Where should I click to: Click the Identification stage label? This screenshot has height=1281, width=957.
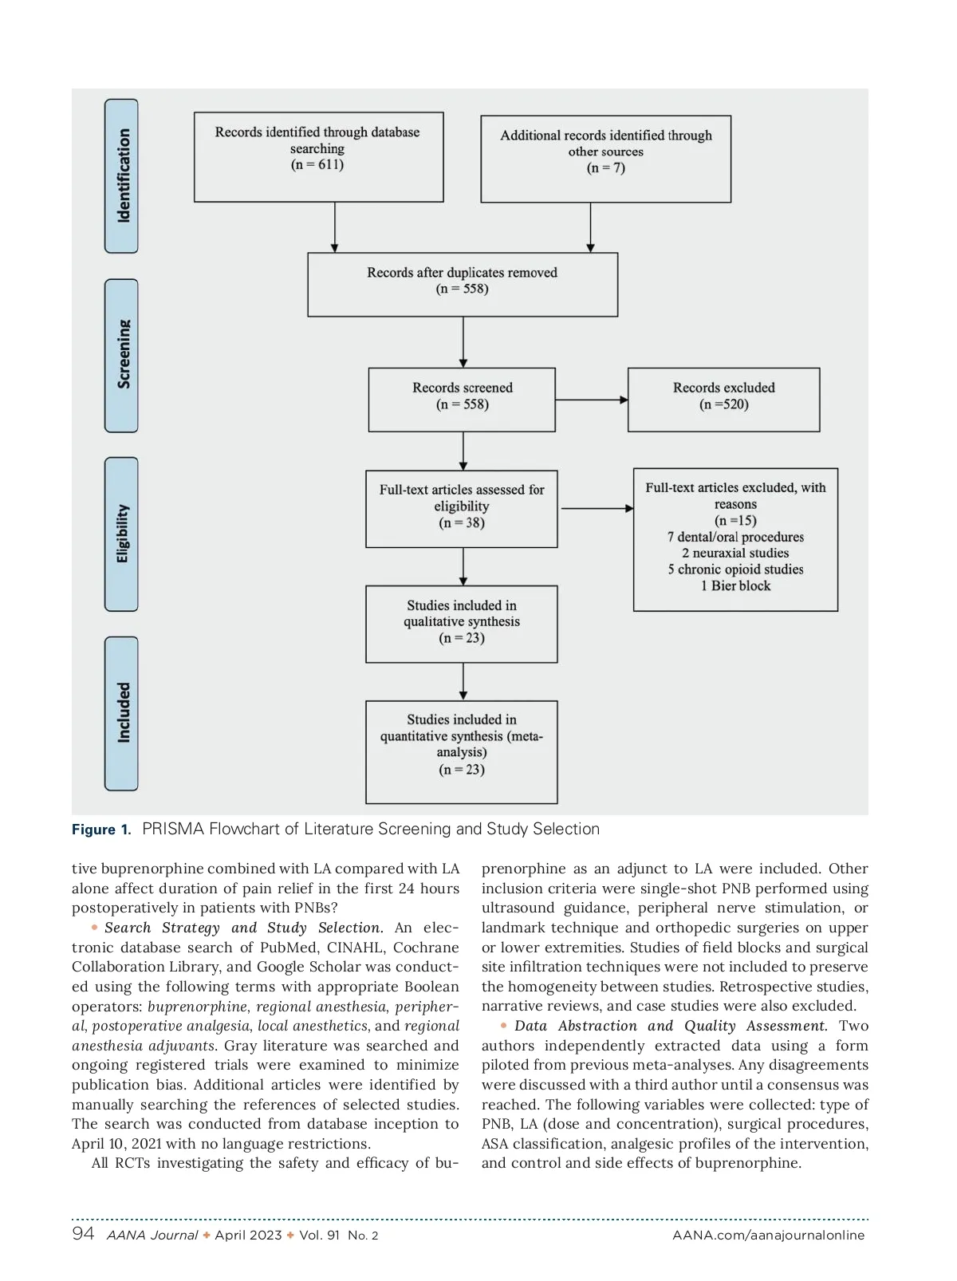[121, 176]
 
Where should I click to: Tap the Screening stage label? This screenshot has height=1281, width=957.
[121, 356]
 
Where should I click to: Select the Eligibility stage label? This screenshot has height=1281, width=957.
[121, 534]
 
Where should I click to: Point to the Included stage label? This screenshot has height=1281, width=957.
[121, 714]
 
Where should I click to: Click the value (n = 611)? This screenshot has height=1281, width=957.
[317, 165]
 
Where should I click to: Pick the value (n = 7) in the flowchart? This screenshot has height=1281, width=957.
[606, 168]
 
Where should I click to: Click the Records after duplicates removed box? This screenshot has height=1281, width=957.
[463, 285]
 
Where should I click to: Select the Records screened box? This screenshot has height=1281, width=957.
[462, 400]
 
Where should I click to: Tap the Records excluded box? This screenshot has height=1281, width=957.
[723, 400]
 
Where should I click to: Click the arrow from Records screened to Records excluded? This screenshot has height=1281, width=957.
[591, 400]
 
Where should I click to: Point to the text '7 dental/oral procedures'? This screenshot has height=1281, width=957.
[735, 538]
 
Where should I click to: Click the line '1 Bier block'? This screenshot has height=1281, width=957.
[735, 586]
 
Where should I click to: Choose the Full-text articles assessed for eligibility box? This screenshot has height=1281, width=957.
[462, 509]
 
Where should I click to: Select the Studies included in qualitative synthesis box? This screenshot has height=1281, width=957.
[462, 625]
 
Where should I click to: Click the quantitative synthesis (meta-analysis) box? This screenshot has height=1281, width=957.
[462, 752]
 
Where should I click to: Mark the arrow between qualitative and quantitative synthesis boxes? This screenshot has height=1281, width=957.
[463, 682]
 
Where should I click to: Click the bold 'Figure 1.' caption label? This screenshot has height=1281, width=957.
[101, 830]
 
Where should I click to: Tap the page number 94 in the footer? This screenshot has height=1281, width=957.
[83, 1234]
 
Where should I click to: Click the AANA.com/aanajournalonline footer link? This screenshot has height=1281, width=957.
[768, 1236]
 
